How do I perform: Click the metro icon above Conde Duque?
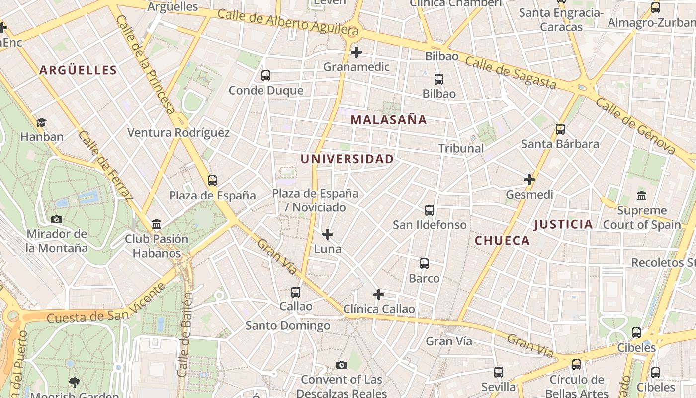266,76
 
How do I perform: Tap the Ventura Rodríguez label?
178,133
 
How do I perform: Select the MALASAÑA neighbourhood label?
389,120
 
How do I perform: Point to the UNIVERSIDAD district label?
347,159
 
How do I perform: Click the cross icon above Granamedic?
356,52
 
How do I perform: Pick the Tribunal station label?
461,148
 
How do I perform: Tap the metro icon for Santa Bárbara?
560,129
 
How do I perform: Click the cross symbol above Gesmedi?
529,180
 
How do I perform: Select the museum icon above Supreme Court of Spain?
642,196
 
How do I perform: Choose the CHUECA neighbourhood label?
502,241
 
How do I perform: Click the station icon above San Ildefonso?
430,210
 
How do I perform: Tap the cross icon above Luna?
328,234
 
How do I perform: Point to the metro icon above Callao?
296,292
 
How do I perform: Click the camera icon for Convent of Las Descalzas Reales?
341,365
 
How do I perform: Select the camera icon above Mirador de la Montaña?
57,219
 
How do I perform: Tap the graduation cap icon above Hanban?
41,122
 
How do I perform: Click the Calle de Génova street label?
635,126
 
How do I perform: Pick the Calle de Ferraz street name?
106,165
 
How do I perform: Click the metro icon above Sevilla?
499,372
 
